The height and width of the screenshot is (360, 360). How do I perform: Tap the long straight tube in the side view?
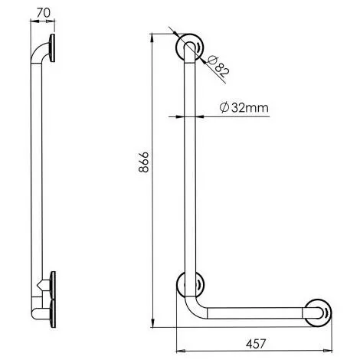click(x=34, y=176)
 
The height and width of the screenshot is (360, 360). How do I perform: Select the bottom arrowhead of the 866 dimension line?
click(x=155, y=320)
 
